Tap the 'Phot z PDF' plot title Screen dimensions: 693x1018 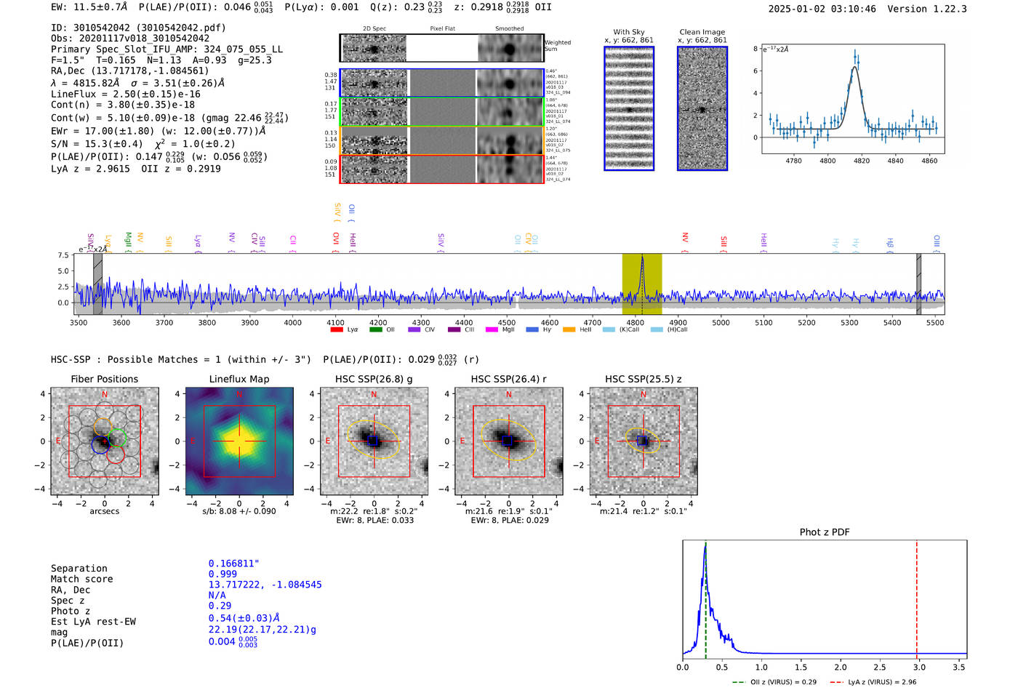(x=825, y=532)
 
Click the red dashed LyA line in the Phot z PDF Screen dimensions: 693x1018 (x=916, y=596)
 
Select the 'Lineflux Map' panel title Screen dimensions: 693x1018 (x=239, y=379)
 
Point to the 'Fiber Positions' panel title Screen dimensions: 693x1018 (x=104, y=379)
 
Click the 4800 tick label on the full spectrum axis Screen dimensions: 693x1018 (x=635, y=323)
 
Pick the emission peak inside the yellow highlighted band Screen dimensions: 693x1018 (x=642, y=260)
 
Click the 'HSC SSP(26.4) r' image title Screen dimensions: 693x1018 (x=508, y=379)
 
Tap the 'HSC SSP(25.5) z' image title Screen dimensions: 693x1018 (x=643, y=379)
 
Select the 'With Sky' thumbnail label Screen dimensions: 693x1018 (x=629, y=32)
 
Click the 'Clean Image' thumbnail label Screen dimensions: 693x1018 (x=702, y=32)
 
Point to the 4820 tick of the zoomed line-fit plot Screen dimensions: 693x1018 (x=862, y=161)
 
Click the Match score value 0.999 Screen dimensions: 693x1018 (x=223, y=574)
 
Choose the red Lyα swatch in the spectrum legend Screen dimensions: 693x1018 (x=337, y=330)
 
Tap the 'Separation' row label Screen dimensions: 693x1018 (x=79, y=569)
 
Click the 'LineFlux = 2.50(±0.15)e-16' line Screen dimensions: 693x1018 (x=126, y=94)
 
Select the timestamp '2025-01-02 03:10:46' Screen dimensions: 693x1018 (x=822, y=9)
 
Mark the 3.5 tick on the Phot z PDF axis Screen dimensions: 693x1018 (x=959, y=667)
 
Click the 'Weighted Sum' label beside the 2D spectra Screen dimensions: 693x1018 (x=558, y=46)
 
